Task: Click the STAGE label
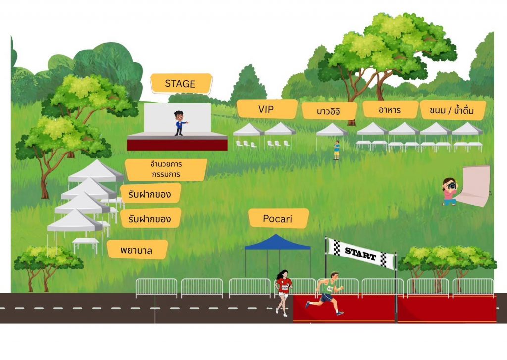181,83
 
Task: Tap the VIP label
266,109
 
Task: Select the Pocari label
278,218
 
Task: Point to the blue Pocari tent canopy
277,243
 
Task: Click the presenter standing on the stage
180,123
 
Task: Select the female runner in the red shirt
283,292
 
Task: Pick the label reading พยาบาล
137,250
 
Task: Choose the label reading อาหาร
390,109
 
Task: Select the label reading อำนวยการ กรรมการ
166,169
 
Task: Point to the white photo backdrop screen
475,186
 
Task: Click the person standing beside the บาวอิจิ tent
337,150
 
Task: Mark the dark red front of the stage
177,145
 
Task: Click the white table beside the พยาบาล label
86,242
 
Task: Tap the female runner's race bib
285,287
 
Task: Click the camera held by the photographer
452,186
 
